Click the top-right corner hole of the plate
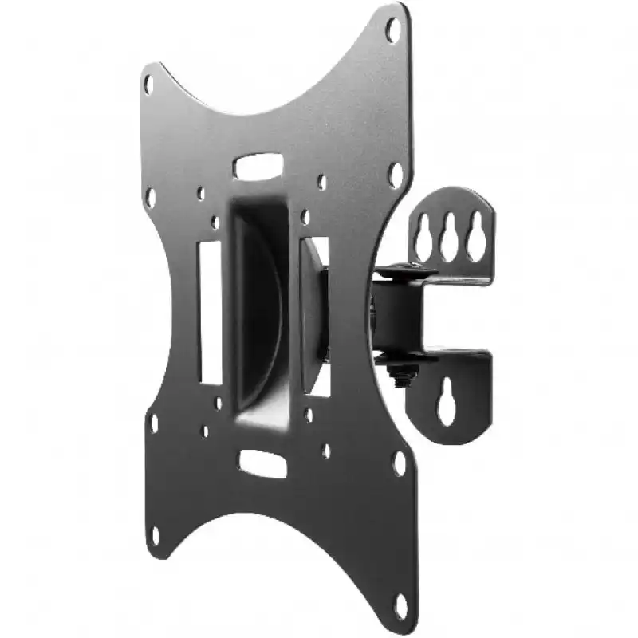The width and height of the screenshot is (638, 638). click(x=393, y=30)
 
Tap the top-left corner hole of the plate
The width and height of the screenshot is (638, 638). click(x=148, y=84)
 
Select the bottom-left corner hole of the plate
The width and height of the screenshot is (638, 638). click(x=154, y=535)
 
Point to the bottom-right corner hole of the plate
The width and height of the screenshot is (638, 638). click(x=399, y=604)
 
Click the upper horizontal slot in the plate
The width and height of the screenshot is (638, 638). click(x=258, y=167)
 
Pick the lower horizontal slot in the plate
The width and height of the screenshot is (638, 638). click(x=262, y=463)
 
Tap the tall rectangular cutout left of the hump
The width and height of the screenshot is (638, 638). click(x=210, y=312)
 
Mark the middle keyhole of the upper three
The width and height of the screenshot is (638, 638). click(x=449, y=236)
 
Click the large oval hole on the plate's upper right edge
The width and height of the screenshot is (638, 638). click(x=395, y=175)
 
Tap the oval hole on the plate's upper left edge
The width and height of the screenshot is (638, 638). click(x=150, y=198)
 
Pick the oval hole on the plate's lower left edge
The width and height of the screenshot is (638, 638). click(x=152, y=423)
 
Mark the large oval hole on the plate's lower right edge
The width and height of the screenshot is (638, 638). click(x=399, y=463)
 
